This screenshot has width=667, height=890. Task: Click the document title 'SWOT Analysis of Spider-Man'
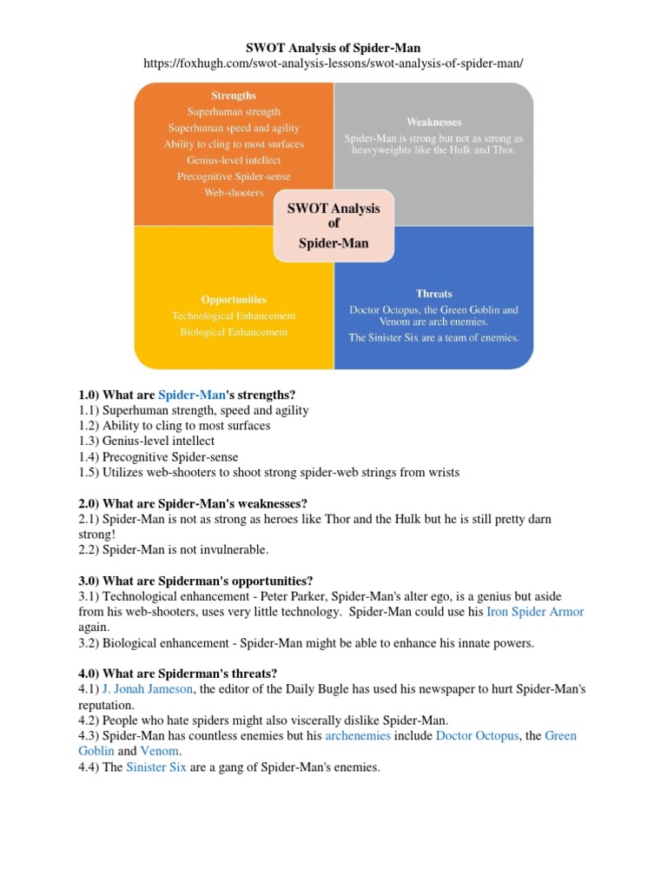(x=333, y=48)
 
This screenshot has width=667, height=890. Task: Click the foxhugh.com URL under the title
(x=333, y=64)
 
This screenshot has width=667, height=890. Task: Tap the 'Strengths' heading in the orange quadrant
(x=234, y=95)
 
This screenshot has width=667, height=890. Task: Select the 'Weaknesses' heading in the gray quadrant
(x=433, y=122)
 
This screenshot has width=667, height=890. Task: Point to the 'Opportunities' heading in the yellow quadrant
(x=234, y=299)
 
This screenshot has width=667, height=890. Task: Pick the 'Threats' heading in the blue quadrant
(x=433, y=293)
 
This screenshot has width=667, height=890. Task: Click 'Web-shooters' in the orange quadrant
(x=234, y=192)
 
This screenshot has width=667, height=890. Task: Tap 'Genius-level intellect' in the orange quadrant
(x=234, y=160)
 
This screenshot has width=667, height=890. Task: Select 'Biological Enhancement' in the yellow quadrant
(x=234, y=331)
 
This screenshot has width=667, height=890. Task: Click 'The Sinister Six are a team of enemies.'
(x=433, y=337)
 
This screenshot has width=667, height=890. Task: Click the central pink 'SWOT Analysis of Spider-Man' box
(x=333, y=226)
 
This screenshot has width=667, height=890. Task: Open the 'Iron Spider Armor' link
(x=535, y=612)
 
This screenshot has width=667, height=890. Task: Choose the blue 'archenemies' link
(x=358, y=736)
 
